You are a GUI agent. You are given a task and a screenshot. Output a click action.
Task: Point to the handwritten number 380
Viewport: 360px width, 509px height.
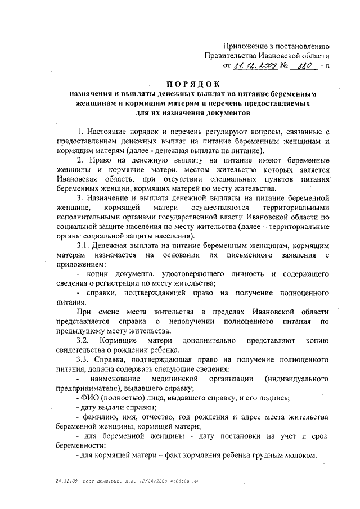point(303,66)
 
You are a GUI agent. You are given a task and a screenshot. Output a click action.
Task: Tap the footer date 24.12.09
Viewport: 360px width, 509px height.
point(66,482)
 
